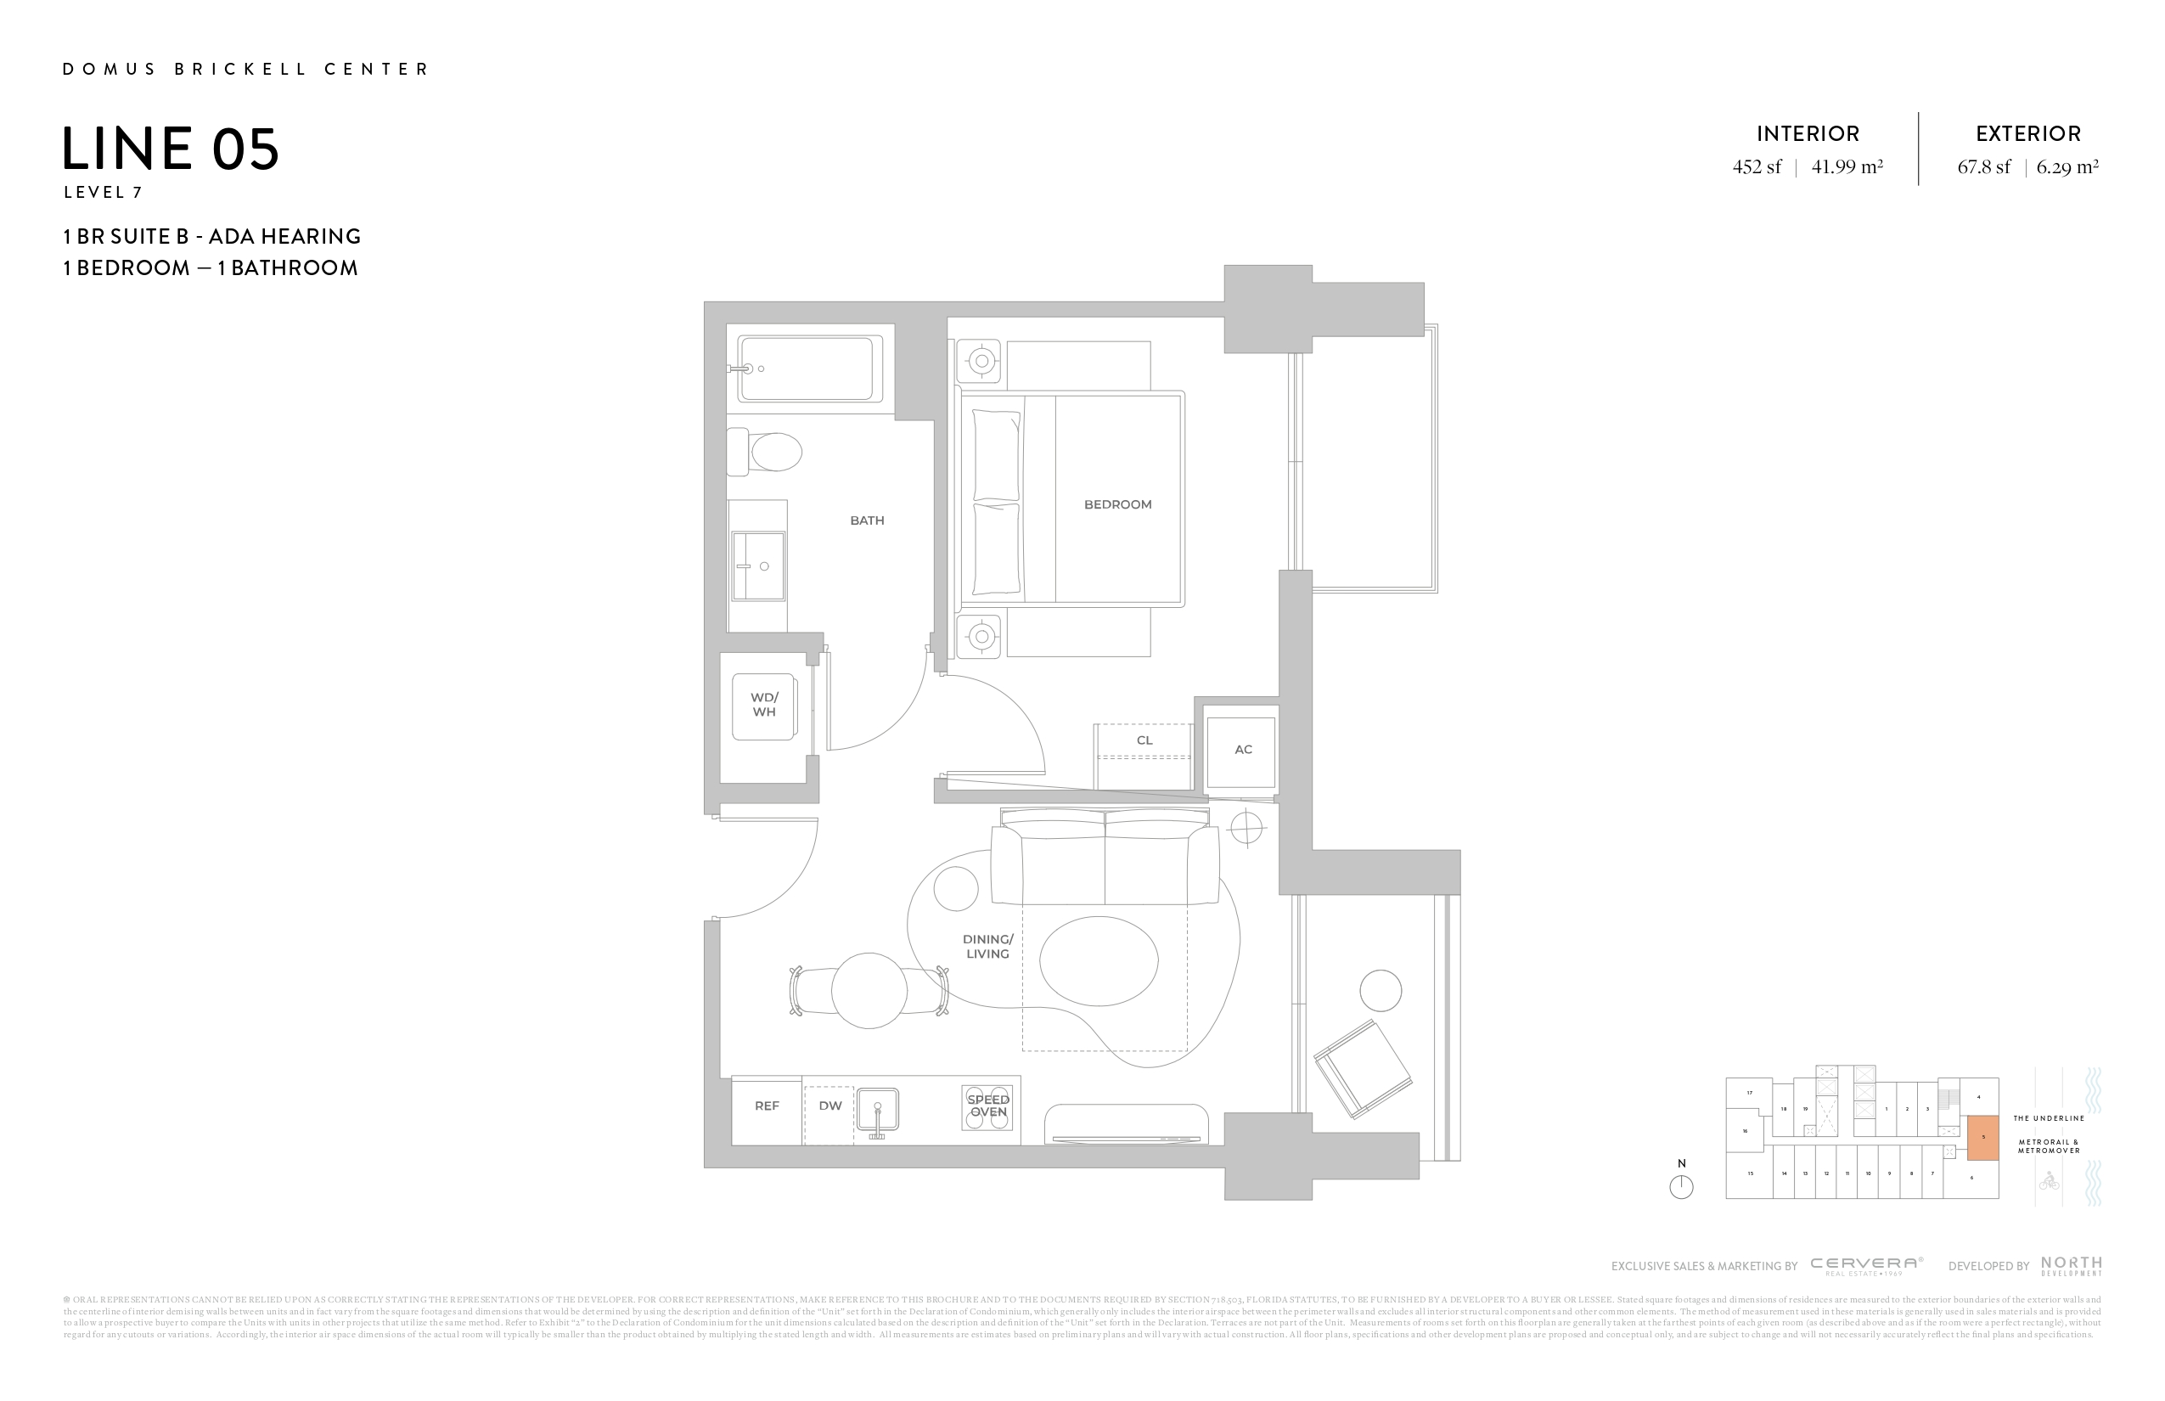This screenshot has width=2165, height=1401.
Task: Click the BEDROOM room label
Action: click(1117, 504)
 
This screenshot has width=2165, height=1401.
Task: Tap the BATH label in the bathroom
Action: click(866, 520)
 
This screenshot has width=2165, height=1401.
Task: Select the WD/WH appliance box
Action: click(763, 705)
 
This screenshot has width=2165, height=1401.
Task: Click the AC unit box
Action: click(1241, 751)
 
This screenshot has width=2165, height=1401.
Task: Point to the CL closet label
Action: click(1144, 740)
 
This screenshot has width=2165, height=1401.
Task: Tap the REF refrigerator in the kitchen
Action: click(767, 1106)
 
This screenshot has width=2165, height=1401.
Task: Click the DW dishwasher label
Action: click(829, 1106)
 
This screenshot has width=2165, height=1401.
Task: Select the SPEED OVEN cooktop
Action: click(987, 1106)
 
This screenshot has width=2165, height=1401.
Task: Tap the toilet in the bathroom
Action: click(768, 451)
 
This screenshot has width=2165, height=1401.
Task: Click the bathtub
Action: click(810, 369)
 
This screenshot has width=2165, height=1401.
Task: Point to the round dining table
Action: click(869, 991)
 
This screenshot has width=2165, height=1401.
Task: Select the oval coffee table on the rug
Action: click(1099, 960)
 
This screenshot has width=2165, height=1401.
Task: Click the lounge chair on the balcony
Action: click(1362, 1069)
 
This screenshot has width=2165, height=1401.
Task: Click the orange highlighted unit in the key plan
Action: click(1983, 1137)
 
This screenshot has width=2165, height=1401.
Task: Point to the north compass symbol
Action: click(1681, 1186)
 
